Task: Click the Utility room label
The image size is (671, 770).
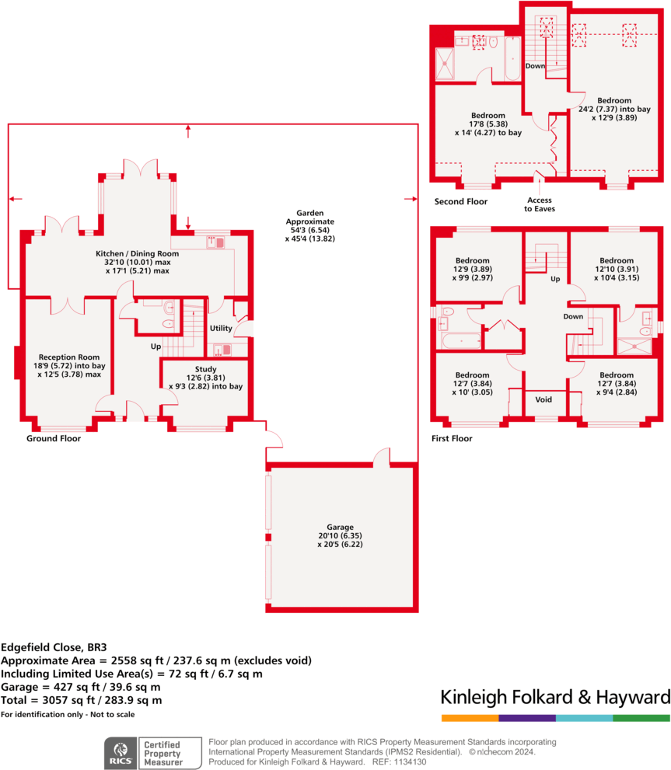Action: (x=221, y=329)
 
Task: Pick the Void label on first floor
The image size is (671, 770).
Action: (x=544, y=399)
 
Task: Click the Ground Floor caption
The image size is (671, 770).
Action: (x=53, y=438)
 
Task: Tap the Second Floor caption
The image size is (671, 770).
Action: (x=460, y=201)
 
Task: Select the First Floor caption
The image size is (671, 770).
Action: (x=452, y=438)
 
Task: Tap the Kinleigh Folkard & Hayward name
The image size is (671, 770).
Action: (x=555, y=696)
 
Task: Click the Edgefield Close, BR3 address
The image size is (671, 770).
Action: (x=48, y=646)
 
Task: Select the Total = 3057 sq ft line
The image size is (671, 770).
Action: (x=81, y=700)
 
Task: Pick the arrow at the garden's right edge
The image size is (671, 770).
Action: (x=408, y=200)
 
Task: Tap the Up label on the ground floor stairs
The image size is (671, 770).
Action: (x=156, y=346)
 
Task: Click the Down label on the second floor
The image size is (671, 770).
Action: (x=535, y=66)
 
